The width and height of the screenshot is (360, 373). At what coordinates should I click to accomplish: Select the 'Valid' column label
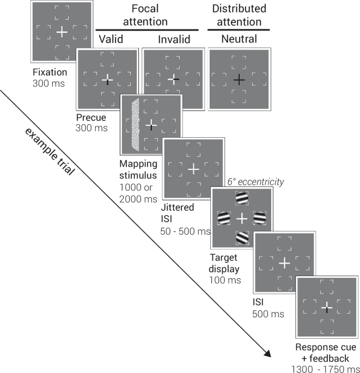coord(112,39)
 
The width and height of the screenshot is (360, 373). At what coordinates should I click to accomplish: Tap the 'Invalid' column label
coord(173,39)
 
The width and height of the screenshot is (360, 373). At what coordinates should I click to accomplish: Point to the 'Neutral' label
coord(239,39)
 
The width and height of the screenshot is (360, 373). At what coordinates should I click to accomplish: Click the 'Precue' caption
coord(91,117)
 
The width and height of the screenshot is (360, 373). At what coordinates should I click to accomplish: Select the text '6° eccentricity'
coord(255,182)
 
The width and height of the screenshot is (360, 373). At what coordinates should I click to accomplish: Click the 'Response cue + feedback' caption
coord(326,353)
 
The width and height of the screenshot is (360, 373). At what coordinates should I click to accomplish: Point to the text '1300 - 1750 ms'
coord(326,368)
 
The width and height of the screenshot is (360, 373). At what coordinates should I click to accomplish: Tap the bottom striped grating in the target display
coord(242,238)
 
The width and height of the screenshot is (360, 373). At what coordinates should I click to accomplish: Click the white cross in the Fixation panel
coord(62,32)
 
